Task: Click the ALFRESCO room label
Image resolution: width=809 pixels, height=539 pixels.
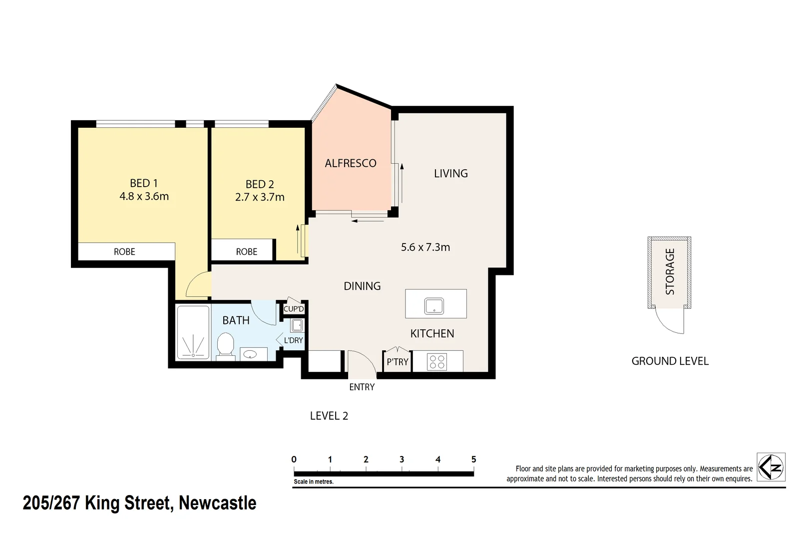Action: click(x=351, y=163)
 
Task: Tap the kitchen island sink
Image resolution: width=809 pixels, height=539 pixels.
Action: click(x=434, y=305)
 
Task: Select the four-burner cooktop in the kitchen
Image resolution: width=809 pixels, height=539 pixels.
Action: click(x=437, y=362)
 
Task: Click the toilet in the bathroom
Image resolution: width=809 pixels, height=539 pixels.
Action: click(x=226, y=345)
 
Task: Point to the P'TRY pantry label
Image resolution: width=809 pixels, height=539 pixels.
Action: click(x=398, y=362)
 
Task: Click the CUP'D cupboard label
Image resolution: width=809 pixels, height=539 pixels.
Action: click(x=294, y=309)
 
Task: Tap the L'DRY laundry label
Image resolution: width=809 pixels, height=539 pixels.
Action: click(x=293, y=340)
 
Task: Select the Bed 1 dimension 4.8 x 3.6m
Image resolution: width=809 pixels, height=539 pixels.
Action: click(x=144, y=197)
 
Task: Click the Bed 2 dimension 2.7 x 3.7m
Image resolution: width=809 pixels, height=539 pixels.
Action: click(x=260, y=198)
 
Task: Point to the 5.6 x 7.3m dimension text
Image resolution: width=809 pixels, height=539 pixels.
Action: click(x=425, y=247)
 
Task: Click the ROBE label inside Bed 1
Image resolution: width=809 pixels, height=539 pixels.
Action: click(x=124, y=252)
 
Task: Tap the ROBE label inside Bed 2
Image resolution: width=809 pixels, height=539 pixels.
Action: click(x=247, y=252)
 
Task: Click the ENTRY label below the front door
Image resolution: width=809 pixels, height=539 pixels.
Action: click(x=362, y=387)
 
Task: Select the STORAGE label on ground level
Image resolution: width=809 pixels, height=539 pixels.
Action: click(x=670, y=271)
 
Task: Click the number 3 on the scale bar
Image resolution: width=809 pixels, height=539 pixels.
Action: click(x=402, y=460)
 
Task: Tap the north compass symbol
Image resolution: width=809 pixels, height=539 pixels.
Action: click(x=771, y=467)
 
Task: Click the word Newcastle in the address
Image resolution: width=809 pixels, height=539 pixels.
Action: click(x=218, y=503)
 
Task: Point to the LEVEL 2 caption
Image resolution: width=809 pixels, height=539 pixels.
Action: click(x=329, y=416)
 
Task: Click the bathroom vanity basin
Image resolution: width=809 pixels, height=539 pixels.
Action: click(x=250, y=354)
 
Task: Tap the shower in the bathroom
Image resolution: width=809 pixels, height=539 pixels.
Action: click(x=193, y=333)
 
